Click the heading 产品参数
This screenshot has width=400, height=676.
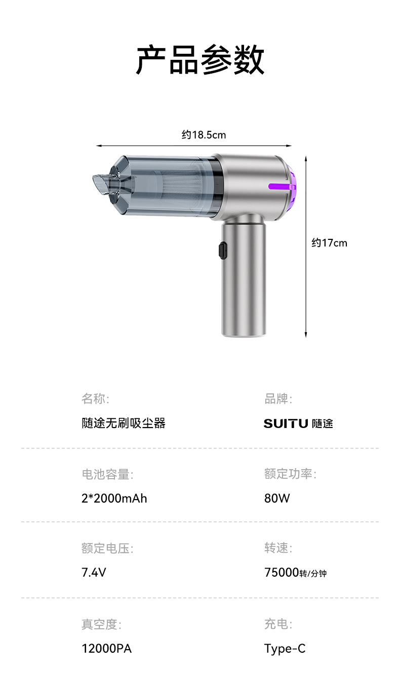point(201,60)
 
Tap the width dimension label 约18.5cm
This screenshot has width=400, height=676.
point(204,135)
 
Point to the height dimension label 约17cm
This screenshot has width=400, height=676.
point(329,242)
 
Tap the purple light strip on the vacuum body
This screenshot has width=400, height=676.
point(279,187)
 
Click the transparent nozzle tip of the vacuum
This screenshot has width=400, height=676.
point(100,184)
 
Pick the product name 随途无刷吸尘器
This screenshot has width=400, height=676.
point(124,423)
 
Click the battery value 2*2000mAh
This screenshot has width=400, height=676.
point(114,498)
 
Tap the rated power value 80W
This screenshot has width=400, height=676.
point(277,498)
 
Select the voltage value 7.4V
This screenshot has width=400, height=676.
point(94,573)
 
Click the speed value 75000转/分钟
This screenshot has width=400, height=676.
point(295,573)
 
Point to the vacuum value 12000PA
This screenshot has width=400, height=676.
point(107,649)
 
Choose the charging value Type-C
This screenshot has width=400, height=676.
point(285,649)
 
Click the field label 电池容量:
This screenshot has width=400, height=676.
point(107,474)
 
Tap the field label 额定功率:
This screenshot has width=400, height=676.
point(290,474)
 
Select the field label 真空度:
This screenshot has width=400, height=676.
point(101,624)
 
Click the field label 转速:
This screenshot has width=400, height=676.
point(278,548)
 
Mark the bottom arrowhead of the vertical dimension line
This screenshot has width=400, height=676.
point(306,335)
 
